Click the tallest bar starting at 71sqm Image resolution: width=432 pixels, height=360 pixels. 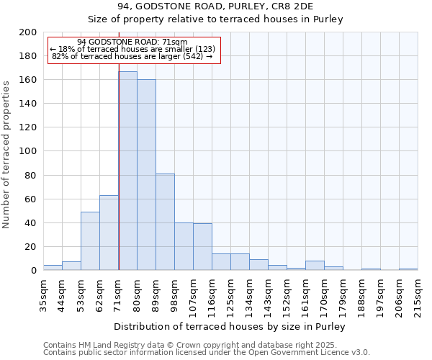point(127,171)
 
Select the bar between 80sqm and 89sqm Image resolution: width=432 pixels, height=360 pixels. point(146,175)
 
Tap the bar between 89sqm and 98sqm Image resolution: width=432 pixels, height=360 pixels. point(165,222)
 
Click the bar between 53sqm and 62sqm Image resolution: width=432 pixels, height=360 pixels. point(90,240)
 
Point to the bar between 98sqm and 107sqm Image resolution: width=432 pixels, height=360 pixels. point(184,246)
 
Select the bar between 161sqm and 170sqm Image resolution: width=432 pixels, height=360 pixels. point(315,265)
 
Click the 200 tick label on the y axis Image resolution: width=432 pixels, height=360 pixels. point(28,32)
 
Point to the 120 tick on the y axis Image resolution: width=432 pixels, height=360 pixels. point(28,127)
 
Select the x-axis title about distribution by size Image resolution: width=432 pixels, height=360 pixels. point(230,326)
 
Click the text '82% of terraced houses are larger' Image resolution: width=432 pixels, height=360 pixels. point(132,56)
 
